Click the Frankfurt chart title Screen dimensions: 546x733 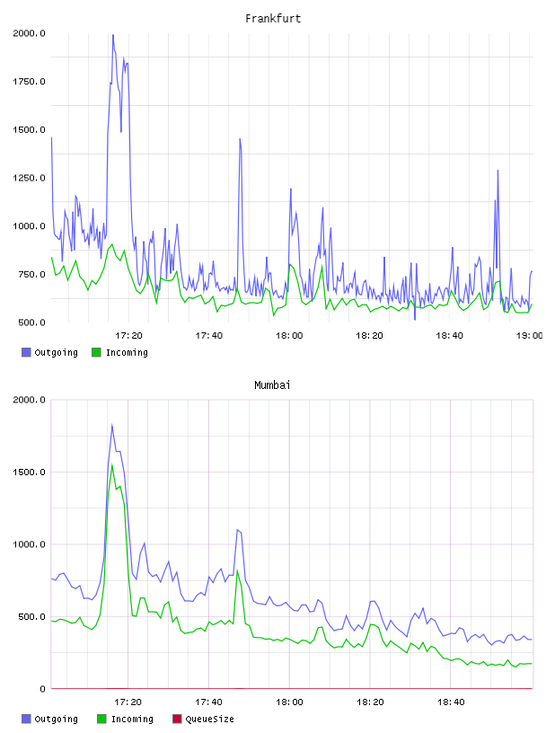[x=273, y=18]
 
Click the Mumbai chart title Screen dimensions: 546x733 [x=272, y=384]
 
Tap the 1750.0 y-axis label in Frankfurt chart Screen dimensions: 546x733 [x=29, y=82]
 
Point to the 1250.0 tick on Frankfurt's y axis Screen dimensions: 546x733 [x=29, y=178]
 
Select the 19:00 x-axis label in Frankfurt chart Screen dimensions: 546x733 [x=529, y=335]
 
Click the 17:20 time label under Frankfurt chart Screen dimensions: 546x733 [x=128, y=335]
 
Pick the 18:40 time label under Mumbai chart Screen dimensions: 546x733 [x=451, y=702]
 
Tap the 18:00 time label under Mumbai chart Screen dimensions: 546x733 [x=289, y=702]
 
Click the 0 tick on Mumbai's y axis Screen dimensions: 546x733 [x=42, y=689]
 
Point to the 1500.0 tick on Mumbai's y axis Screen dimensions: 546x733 [x=29, y=472]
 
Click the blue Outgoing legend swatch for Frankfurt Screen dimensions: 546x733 [x=26, y=352]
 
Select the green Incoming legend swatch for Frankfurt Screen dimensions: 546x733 [x=96, y=352]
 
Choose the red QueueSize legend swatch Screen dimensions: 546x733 [x=177, y=719]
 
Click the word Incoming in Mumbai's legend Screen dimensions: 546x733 [x=132, y=719]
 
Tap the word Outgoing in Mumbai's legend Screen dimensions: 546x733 [x=56, y=719]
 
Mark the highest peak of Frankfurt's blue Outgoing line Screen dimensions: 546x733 [x=112, y=35]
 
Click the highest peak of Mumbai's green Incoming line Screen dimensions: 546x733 [x=112, y=464]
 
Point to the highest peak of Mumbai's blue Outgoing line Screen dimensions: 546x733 [x=112, y=425]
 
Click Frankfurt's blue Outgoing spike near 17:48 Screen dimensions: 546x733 [x=240, y=139]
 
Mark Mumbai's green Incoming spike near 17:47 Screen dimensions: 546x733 [x=237, y=570]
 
